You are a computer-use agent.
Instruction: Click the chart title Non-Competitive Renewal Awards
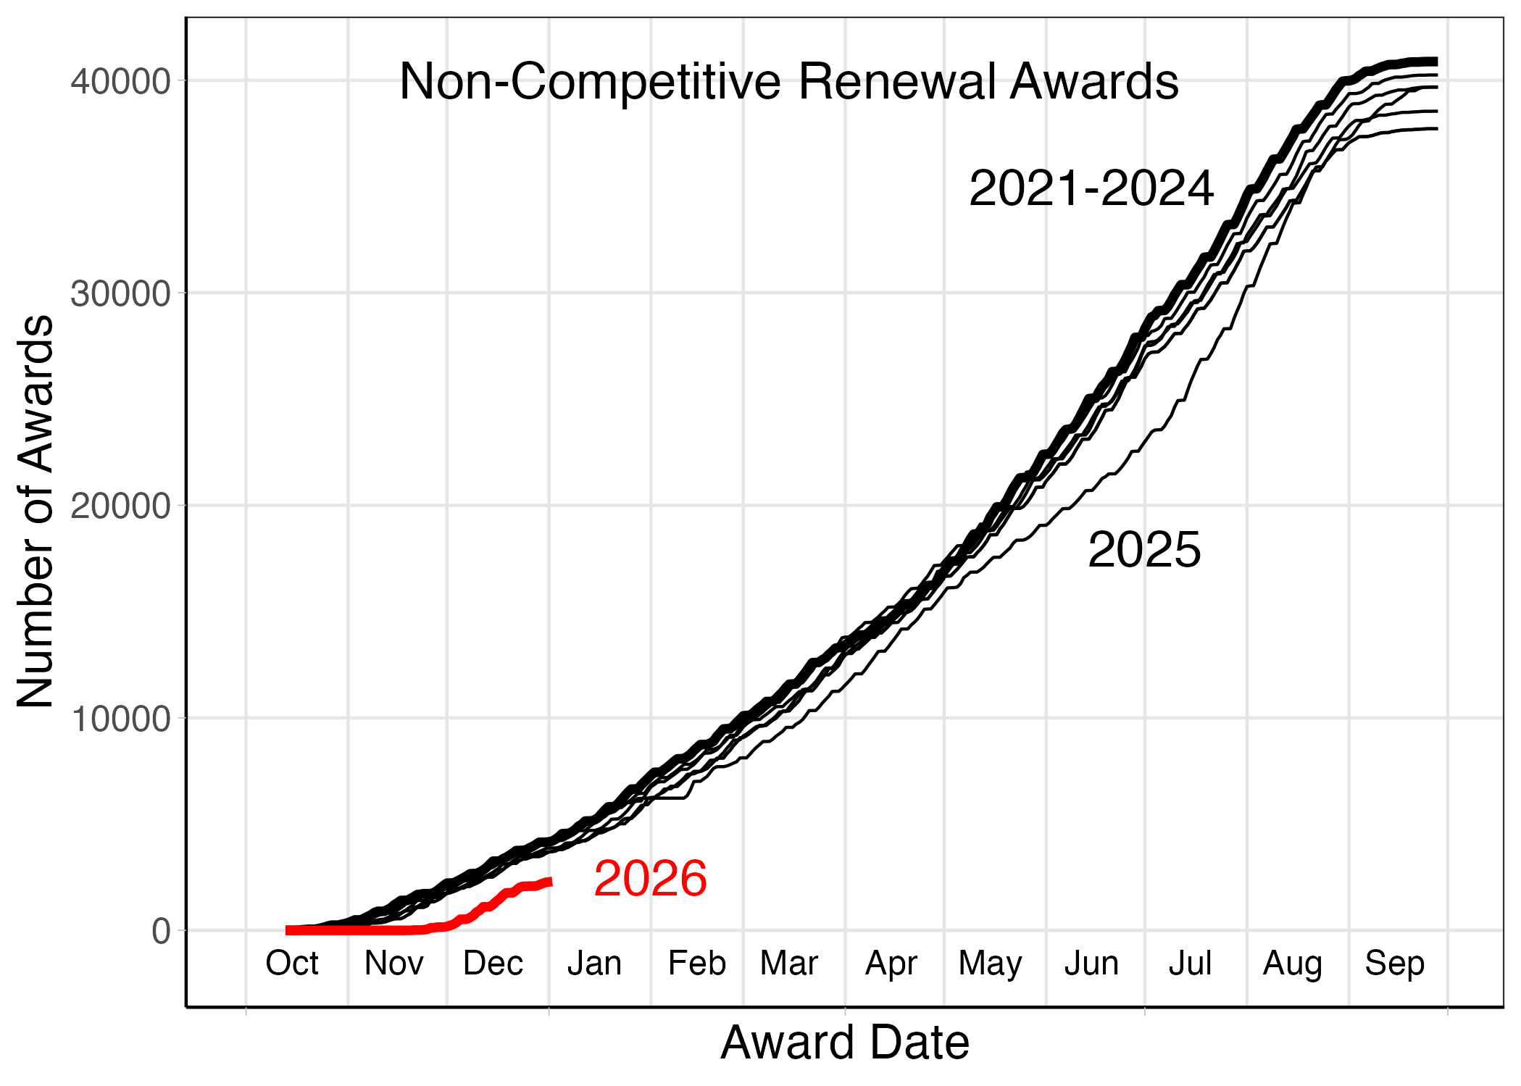click(788, 81)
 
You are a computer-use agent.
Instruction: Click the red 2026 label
click(650, 879)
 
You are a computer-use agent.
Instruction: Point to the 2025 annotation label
click(1143, 550)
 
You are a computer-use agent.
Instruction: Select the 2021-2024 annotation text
click(1091, 189)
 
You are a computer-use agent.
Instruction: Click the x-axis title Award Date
click(845, 1043)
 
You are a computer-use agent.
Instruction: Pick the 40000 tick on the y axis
click(120, 82)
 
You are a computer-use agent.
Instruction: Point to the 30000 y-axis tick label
click(120, 294)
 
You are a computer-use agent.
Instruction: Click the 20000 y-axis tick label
click(120, 506)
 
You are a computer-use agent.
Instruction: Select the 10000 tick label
click(120, 719)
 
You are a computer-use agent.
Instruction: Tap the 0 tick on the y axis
click(161, 932)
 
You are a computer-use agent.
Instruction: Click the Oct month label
click(292, 964)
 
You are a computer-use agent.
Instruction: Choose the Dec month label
click(493, 964)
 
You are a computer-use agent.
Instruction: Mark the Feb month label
click(696, 964)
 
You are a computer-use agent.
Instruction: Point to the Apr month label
click(891, 964)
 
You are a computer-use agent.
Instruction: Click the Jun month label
click(1091, 964)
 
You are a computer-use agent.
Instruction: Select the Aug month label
click(1293, 964)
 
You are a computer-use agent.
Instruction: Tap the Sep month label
click(1394, 964)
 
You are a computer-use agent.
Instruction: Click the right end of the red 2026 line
click(550, 881)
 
